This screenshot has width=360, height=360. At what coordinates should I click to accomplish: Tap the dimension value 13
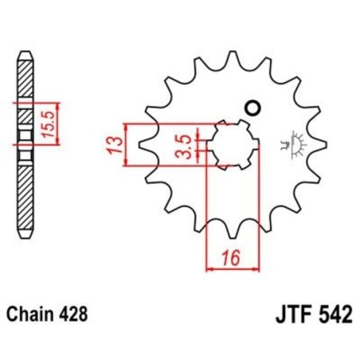pos(114,145)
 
